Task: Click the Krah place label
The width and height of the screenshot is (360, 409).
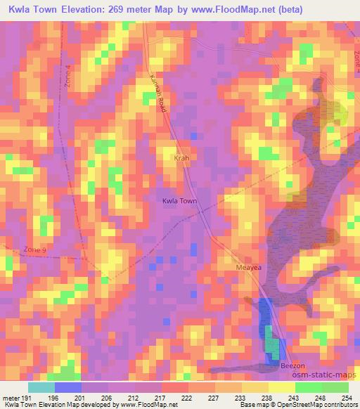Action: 182,159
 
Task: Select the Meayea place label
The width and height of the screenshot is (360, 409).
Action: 247,268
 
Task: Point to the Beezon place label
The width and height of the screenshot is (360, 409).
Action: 294,366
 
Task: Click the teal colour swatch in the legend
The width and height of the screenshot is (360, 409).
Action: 41,387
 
